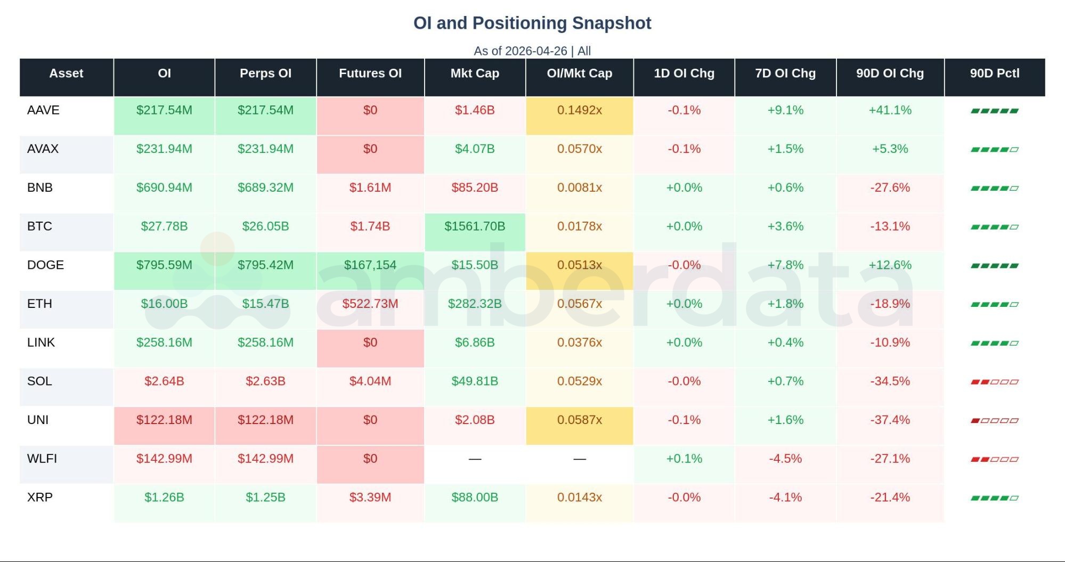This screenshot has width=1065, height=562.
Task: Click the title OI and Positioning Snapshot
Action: click(532, 23)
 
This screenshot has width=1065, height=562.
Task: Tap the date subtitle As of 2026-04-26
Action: click(520, 51)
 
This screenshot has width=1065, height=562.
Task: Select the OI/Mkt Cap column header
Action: click(579, 74)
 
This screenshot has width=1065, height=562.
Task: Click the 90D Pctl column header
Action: click(994, 74)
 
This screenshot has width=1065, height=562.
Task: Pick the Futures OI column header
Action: click(370, 74)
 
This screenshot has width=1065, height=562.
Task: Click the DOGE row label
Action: click(45, 265)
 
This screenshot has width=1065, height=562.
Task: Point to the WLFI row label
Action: click(42, 459)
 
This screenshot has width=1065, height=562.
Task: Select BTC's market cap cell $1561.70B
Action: click(474, 226)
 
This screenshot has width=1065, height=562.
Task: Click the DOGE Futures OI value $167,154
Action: click(370, 265)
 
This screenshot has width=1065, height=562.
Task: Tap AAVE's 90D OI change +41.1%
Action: click(890, 110)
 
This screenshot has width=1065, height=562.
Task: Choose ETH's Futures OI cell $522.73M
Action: click(370, 304)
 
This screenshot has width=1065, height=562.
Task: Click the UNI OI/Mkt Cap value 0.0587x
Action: click(579, 420)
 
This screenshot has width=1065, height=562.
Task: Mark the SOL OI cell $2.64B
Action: click(164, 381)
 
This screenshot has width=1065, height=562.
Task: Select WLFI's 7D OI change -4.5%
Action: click(785, 459)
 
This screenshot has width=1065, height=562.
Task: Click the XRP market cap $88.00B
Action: click(474, 498)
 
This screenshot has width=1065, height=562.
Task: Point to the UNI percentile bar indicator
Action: click(994, 420)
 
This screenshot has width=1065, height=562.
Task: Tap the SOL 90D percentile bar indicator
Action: click(994, 382)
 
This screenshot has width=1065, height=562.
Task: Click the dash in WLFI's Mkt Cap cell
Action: click(474, 459)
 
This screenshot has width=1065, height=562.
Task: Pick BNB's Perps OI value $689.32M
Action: click(265, 188)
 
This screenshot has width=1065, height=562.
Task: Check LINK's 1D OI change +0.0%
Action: click(684, 343)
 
